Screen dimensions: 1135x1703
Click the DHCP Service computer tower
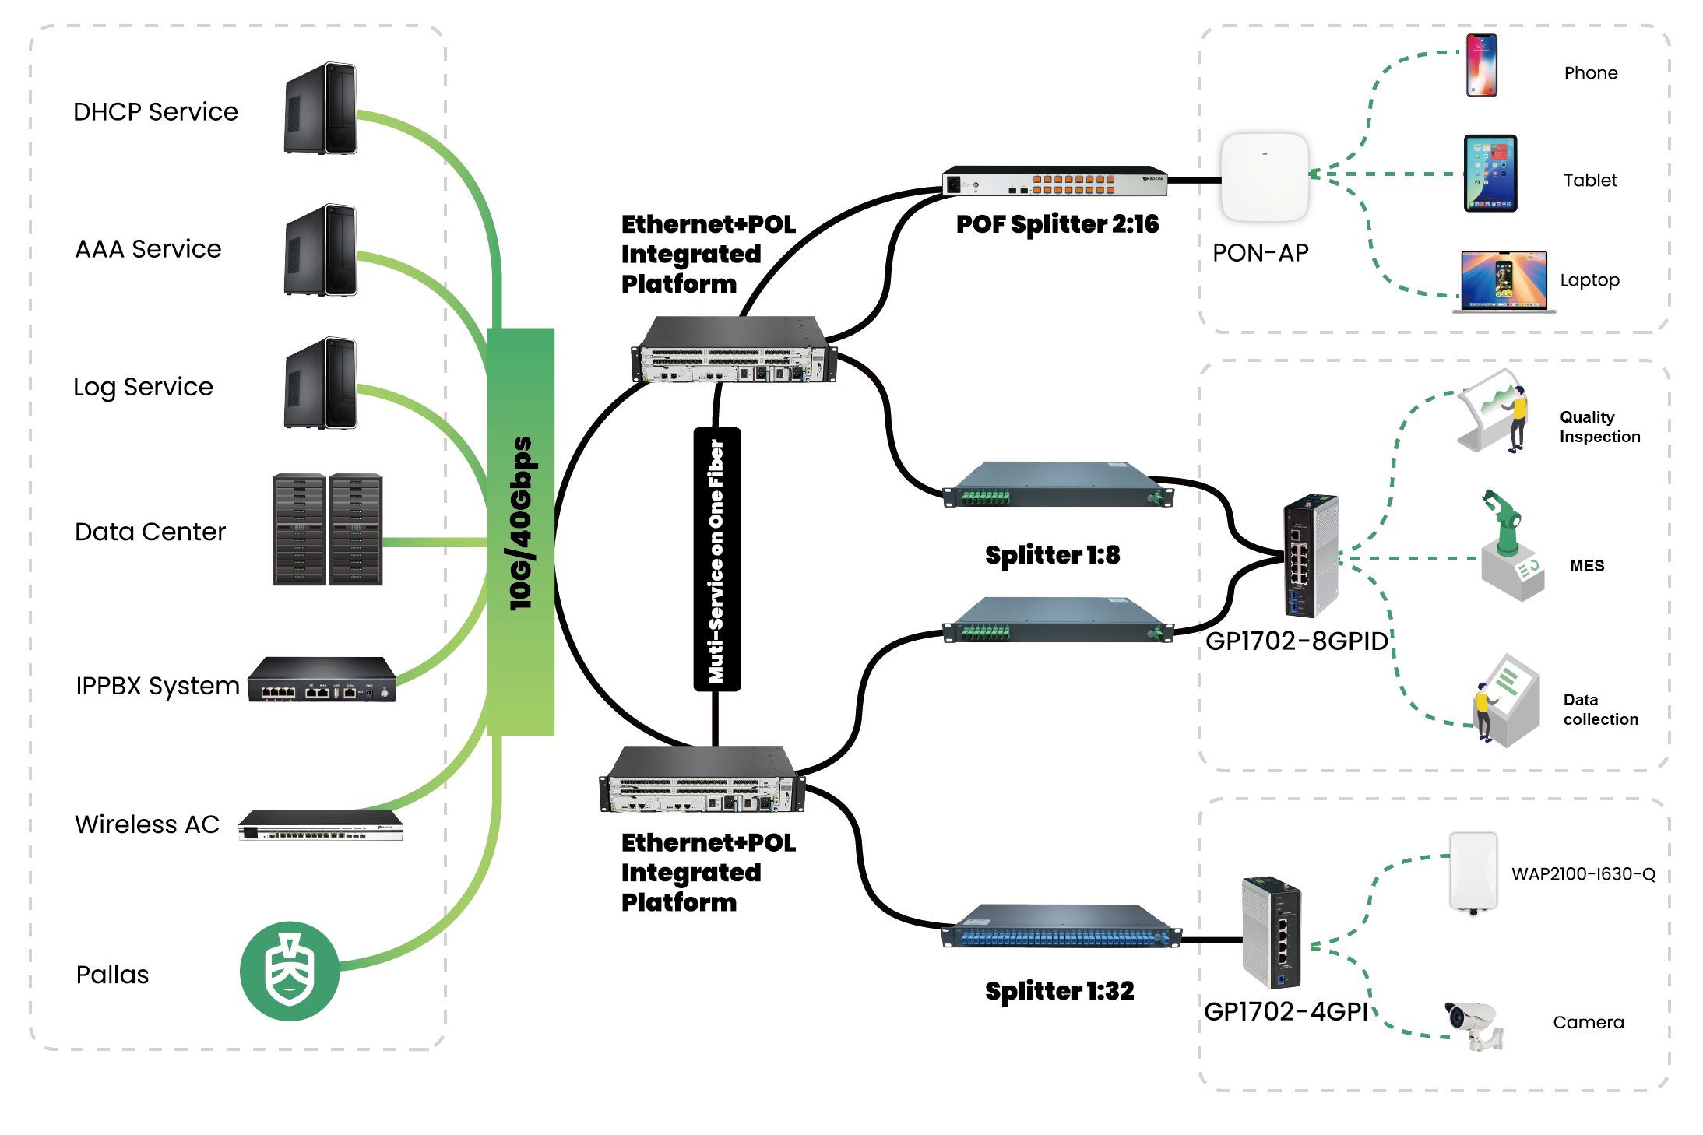pyautogui.click(x=321, y=109)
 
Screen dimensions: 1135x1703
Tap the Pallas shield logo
pyautogui.click(x=290, y=971)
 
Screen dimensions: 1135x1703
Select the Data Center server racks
pyautogui.click(x=328, y=529)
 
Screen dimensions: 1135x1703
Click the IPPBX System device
pyautogui.click(x=322, y=680)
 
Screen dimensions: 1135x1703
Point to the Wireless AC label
pyautogui.click(x=147, y=824)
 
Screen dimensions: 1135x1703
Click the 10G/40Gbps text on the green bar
pyautogui.click(x=520, y=523)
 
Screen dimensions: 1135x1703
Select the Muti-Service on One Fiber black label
pyautogui.click(x=716, y=559)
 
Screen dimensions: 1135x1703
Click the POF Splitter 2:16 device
pyautogui.click(x=1054, y=181)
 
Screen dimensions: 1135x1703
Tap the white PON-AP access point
pyautogui.click(x=1265, y=177)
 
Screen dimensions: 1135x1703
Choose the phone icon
pyautogui.click(x=1481, y=65)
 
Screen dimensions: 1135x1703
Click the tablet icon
pyautogui.click(x=1490, y=174)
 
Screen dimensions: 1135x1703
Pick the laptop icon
pyautogui.click(x=1504, y=282)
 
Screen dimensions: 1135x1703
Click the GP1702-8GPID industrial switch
pyautogui.click(x=1311, y=556)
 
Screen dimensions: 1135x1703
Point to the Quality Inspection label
pyautogui.click(x=1599, y=427)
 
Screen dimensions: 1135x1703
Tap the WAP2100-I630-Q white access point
pyautogui.click(x=1473, y=873)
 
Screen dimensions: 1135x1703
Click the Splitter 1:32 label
pyautogui.click(x=1059, y=991)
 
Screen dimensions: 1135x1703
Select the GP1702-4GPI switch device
pyautogui.click(x=1272, y=933)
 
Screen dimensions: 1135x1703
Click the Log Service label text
pyautogui.click(x=143, y=387)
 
